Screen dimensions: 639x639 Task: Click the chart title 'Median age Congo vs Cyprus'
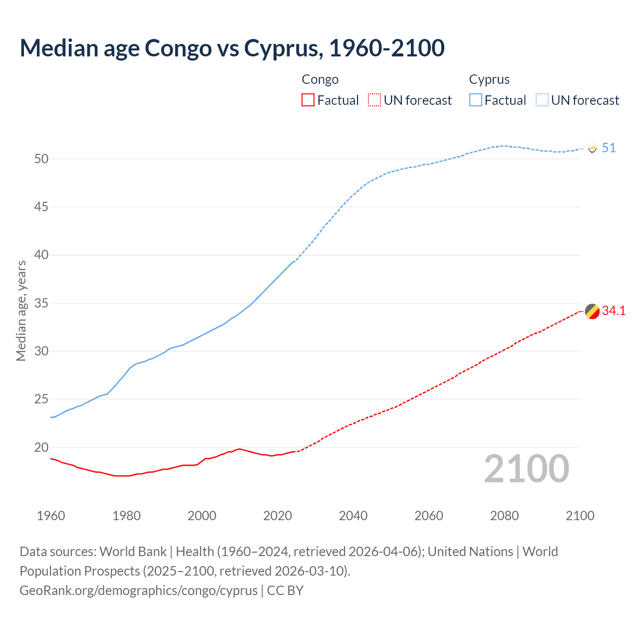point(232,48)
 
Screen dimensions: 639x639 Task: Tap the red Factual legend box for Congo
point(308,100)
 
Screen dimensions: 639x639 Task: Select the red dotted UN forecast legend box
point(374,100)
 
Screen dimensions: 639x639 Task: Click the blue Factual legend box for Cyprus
point(476,100)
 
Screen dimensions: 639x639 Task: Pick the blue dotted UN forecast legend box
point(542,100)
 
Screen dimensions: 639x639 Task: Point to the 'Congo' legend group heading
point(320,79)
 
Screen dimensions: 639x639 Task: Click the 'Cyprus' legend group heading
point(489,79)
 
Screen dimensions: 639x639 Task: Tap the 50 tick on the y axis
point(41,159)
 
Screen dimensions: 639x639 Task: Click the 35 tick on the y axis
point(41,303)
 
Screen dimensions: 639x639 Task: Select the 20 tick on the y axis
point(41,447)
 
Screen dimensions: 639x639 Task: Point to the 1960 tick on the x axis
point(51,516)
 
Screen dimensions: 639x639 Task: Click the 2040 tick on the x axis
point(353,516)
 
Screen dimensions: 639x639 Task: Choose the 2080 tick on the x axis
point(504,516)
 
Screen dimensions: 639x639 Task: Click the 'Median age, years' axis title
point(21,311)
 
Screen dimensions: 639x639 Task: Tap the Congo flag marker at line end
point(592,311)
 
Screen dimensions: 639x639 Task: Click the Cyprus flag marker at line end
point(593,148)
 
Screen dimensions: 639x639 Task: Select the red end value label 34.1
point(614,311)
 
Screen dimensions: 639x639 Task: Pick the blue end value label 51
point(609,148)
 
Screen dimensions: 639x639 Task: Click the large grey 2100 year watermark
point(527,469)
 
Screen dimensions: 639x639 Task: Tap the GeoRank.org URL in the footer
point(139,591)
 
